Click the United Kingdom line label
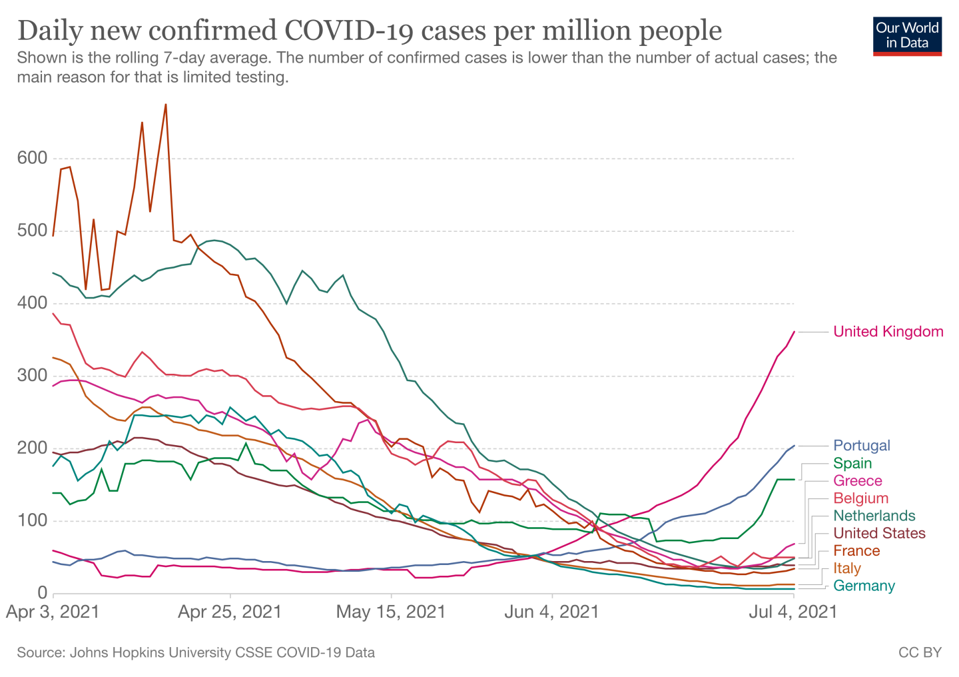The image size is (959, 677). (x=888, y=332)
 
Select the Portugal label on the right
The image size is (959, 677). (x=861, y=446)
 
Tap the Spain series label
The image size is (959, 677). (x=852, y=463)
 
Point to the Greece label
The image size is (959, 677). (x=858, y=481)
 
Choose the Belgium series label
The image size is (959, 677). (x=860, y=498)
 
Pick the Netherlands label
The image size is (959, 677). (x=874, y=516)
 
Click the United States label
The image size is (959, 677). (x=879, y=533)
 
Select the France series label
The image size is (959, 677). (x=856, y=550)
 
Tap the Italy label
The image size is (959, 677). (x=847, y=568)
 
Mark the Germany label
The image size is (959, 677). (x=864, y=586)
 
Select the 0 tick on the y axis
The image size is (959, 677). (x=43, y=593)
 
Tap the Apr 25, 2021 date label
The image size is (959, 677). (x=230, y=612)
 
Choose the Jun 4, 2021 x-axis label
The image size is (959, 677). (x=551, y=612)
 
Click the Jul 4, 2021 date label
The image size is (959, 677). (x=793, y=612)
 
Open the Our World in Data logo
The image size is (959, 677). (x=907, y=35)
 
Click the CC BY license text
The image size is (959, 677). (x=920, y=652)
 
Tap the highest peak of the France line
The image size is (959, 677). (x=165, y=105)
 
